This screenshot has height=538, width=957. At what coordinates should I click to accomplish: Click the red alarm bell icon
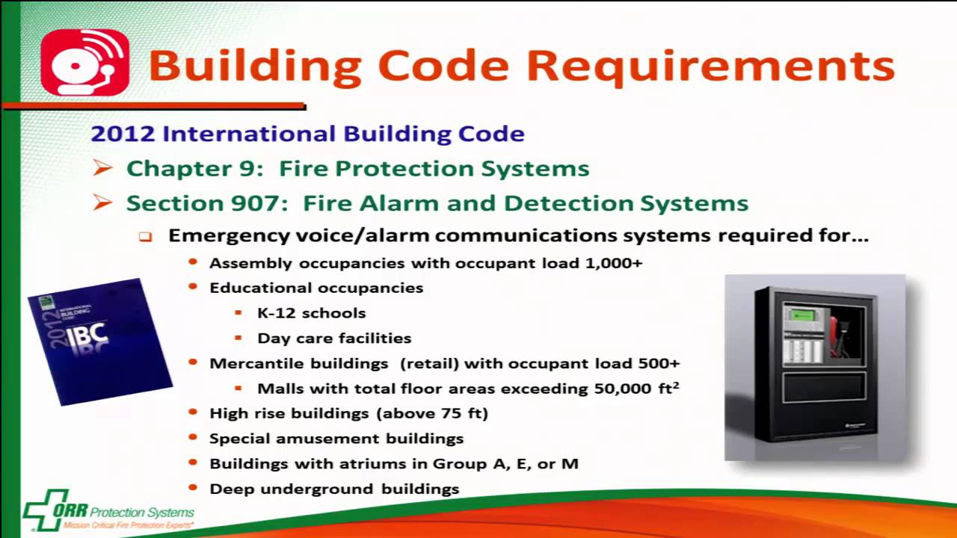point(84,63)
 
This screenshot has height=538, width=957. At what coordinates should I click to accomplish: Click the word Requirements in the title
point(711,65)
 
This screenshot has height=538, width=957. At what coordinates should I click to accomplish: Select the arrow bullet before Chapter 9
point(103,169)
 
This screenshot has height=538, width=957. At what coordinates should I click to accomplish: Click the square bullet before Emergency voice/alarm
point(145,237)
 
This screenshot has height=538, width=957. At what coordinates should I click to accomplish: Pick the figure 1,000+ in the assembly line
point(615,263)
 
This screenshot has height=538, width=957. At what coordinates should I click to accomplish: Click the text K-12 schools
point(311,313)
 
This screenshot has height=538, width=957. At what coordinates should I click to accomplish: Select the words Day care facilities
point(333,338)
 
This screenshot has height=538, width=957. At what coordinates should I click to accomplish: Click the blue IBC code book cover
point(100,341)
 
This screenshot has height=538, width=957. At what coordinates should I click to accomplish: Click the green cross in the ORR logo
point(46,510)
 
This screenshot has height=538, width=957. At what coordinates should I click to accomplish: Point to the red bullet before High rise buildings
point(194,412)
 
